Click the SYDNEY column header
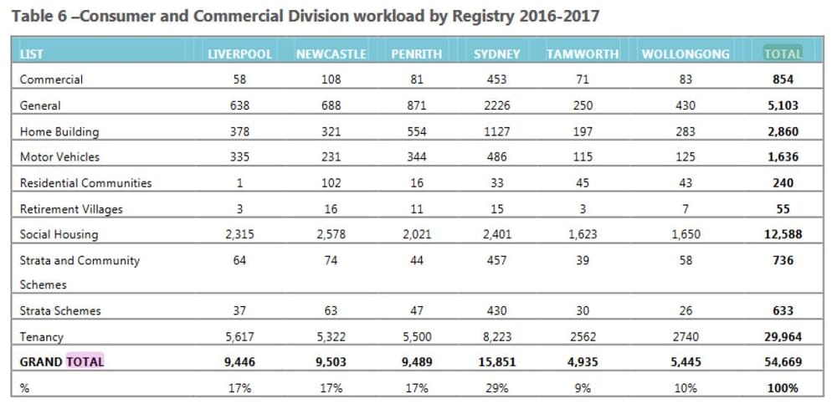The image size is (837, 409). click(496, 54)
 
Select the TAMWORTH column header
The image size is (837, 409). click(583, 54)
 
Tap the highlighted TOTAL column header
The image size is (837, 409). click(783, 54)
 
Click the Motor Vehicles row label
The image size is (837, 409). click(59, 156)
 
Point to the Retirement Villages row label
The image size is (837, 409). click(72, 208)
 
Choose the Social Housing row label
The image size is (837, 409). click(59, 234)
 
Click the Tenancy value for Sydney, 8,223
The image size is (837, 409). click(496, 337)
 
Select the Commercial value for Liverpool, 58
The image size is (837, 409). click(240, 80)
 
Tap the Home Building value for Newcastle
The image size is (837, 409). click(331, 131)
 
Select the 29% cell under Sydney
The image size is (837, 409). click(496, 388)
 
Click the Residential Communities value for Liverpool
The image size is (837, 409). click(240, 182)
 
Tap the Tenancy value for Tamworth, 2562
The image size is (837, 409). click(583, 337)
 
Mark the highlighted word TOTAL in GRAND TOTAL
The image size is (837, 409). click(85, 362)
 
